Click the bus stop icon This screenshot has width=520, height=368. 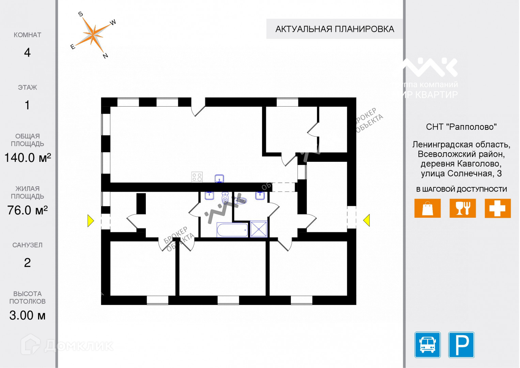tap(427, 344)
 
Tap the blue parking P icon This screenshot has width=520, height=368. tap(461, 344)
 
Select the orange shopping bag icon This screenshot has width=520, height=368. tap(427, 208)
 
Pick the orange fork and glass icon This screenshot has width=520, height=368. tap(462, 208)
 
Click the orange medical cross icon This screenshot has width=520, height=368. tap(498, 208)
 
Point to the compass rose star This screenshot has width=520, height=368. tap(93, 34)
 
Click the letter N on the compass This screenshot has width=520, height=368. tap(105, 56)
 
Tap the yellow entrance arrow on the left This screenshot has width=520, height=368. tap(91, 220)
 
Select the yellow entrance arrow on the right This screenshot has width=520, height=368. tap(367, 220)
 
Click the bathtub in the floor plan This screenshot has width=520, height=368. tap(232, 230)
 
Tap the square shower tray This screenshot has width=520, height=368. tap(259, 229)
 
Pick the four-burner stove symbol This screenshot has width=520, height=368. tap(197, 177)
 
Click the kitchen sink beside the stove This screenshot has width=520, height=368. tap(219, 179)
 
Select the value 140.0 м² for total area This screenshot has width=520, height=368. tap(27, 158)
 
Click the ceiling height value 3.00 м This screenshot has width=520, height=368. tap(27, 316)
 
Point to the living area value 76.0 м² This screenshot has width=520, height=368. tap(27, 210)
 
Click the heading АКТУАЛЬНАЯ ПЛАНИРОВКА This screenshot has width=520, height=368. tap(335, 29)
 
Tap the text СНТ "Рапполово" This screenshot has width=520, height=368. tap(461, 127)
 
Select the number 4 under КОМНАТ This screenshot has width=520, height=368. tap(27, 52)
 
